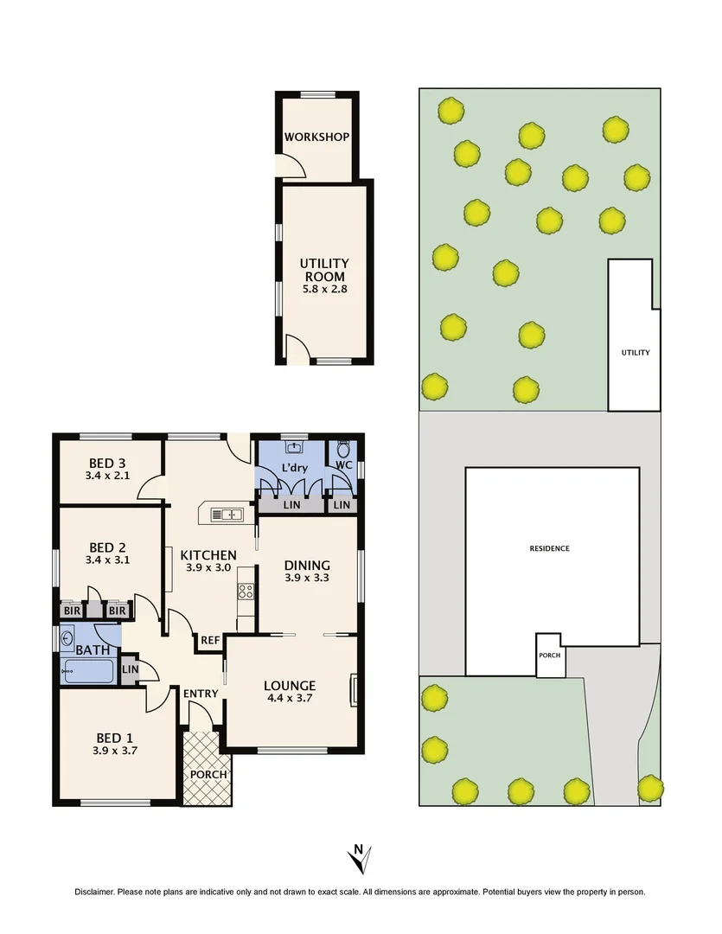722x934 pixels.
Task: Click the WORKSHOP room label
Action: tap(316, 137)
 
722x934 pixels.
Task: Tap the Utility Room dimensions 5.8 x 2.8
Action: tap(323, 291)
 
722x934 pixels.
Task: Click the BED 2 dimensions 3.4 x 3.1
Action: tap(108, 560)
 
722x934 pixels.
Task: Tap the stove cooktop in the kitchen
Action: tap(246, 592)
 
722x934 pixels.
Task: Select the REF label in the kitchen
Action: tap(210, 641)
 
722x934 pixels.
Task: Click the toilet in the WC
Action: tap(343, 451)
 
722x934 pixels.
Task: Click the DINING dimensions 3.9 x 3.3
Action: tap(308, 579)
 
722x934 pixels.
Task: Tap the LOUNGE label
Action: tap(289, 686)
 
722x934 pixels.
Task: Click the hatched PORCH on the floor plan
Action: tap(207, 769)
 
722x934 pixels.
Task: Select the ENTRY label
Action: tap(201, 694)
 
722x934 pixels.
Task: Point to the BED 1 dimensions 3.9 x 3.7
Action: tap(114, 751)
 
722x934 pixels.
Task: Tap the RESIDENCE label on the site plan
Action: tap(550, 548)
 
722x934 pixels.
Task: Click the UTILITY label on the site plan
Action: tap(635, 353)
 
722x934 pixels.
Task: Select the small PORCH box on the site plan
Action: tap(549, 655)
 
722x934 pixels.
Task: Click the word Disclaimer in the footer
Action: tap(93, 892)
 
